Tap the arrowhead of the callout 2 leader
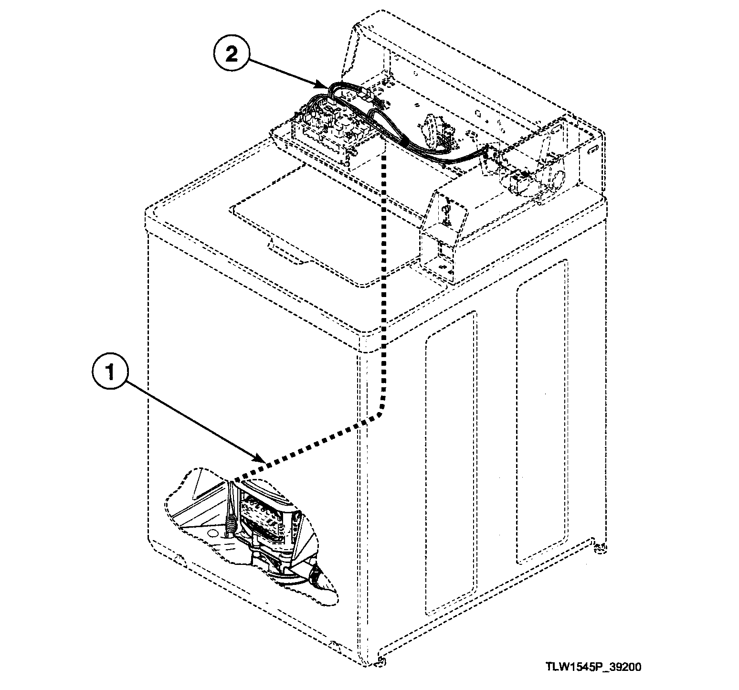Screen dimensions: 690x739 (x=326, y=87)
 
